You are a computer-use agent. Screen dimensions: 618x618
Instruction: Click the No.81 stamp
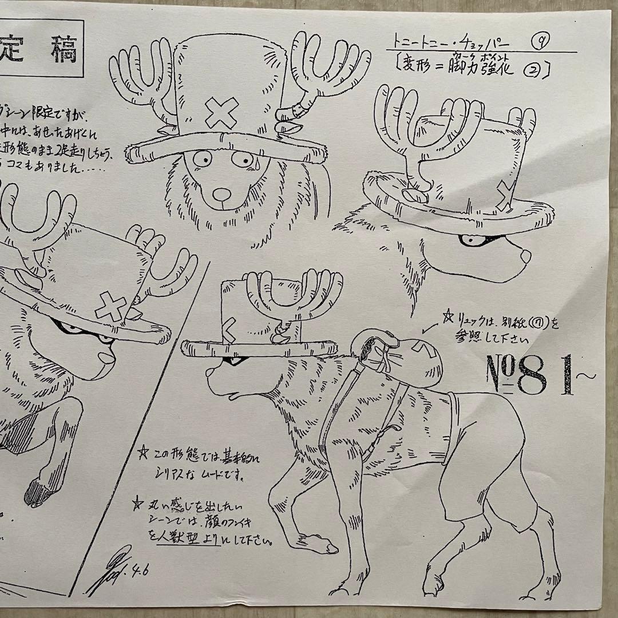pyautogui.click(x=532, y=375)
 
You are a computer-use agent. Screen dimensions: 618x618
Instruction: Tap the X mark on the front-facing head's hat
pyautogui.click(x=222, y=113)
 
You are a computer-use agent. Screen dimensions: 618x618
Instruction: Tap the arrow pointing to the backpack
pyautogui.click(x=426, y=328)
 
